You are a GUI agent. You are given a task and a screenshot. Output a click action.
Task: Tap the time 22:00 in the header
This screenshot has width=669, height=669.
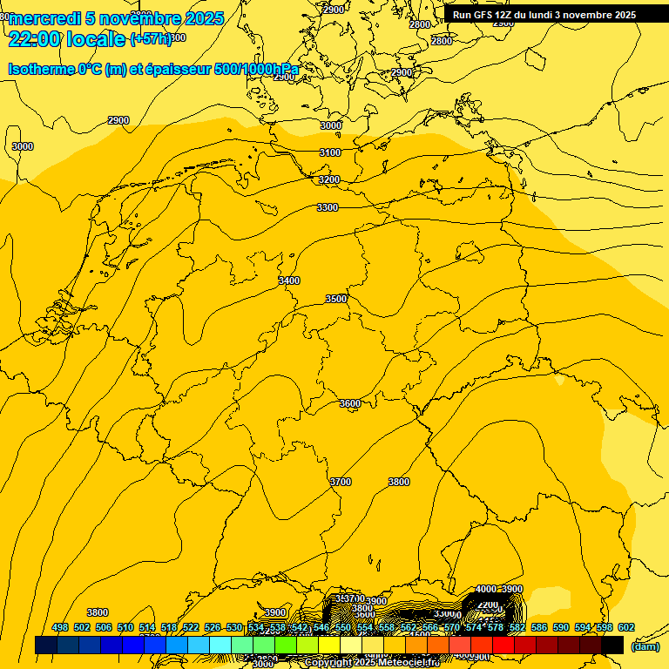[x=35, y=38]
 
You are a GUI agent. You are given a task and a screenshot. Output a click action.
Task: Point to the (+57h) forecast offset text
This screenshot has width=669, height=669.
[x=150, y=39]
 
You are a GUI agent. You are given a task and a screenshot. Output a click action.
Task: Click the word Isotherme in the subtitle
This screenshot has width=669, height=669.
[x=40, y=69]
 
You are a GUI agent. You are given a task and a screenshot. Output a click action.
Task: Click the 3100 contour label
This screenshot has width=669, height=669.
[x=330, y=152]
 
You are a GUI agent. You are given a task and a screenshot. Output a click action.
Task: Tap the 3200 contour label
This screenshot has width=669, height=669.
[x=328, y=179]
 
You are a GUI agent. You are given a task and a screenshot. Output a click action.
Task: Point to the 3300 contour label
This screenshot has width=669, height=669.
[x=328, y=207]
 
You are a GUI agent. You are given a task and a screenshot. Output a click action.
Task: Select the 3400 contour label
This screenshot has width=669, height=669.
[x=289, y=280]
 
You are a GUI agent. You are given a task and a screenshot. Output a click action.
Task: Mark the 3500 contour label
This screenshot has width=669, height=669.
[x=336, y=299]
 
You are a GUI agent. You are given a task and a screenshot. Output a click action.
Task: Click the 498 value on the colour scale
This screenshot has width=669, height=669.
[x=60, y=627]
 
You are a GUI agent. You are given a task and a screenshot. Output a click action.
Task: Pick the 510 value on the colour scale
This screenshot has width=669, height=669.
[x=125, y=627]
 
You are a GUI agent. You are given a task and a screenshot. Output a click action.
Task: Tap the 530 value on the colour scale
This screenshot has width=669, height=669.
[x=234, y=627]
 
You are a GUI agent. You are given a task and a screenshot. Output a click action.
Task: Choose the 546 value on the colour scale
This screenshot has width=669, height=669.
[x=321, y=627]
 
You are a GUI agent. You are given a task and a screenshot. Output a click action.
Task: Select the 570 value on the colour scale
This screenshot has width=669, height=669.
[x=452, y=627]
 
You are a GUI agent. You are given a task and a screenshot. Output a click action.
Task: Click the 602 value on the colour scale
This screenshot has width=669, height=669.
[x=626, y=627]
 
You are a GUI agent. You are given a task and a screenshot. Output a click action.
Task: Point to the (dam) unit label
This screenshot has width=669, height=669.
[x=645, y=645]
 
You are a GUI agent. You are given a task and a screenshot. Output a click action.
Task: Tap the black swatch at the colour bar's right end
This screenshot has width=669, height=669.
[x=612, y=645]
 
